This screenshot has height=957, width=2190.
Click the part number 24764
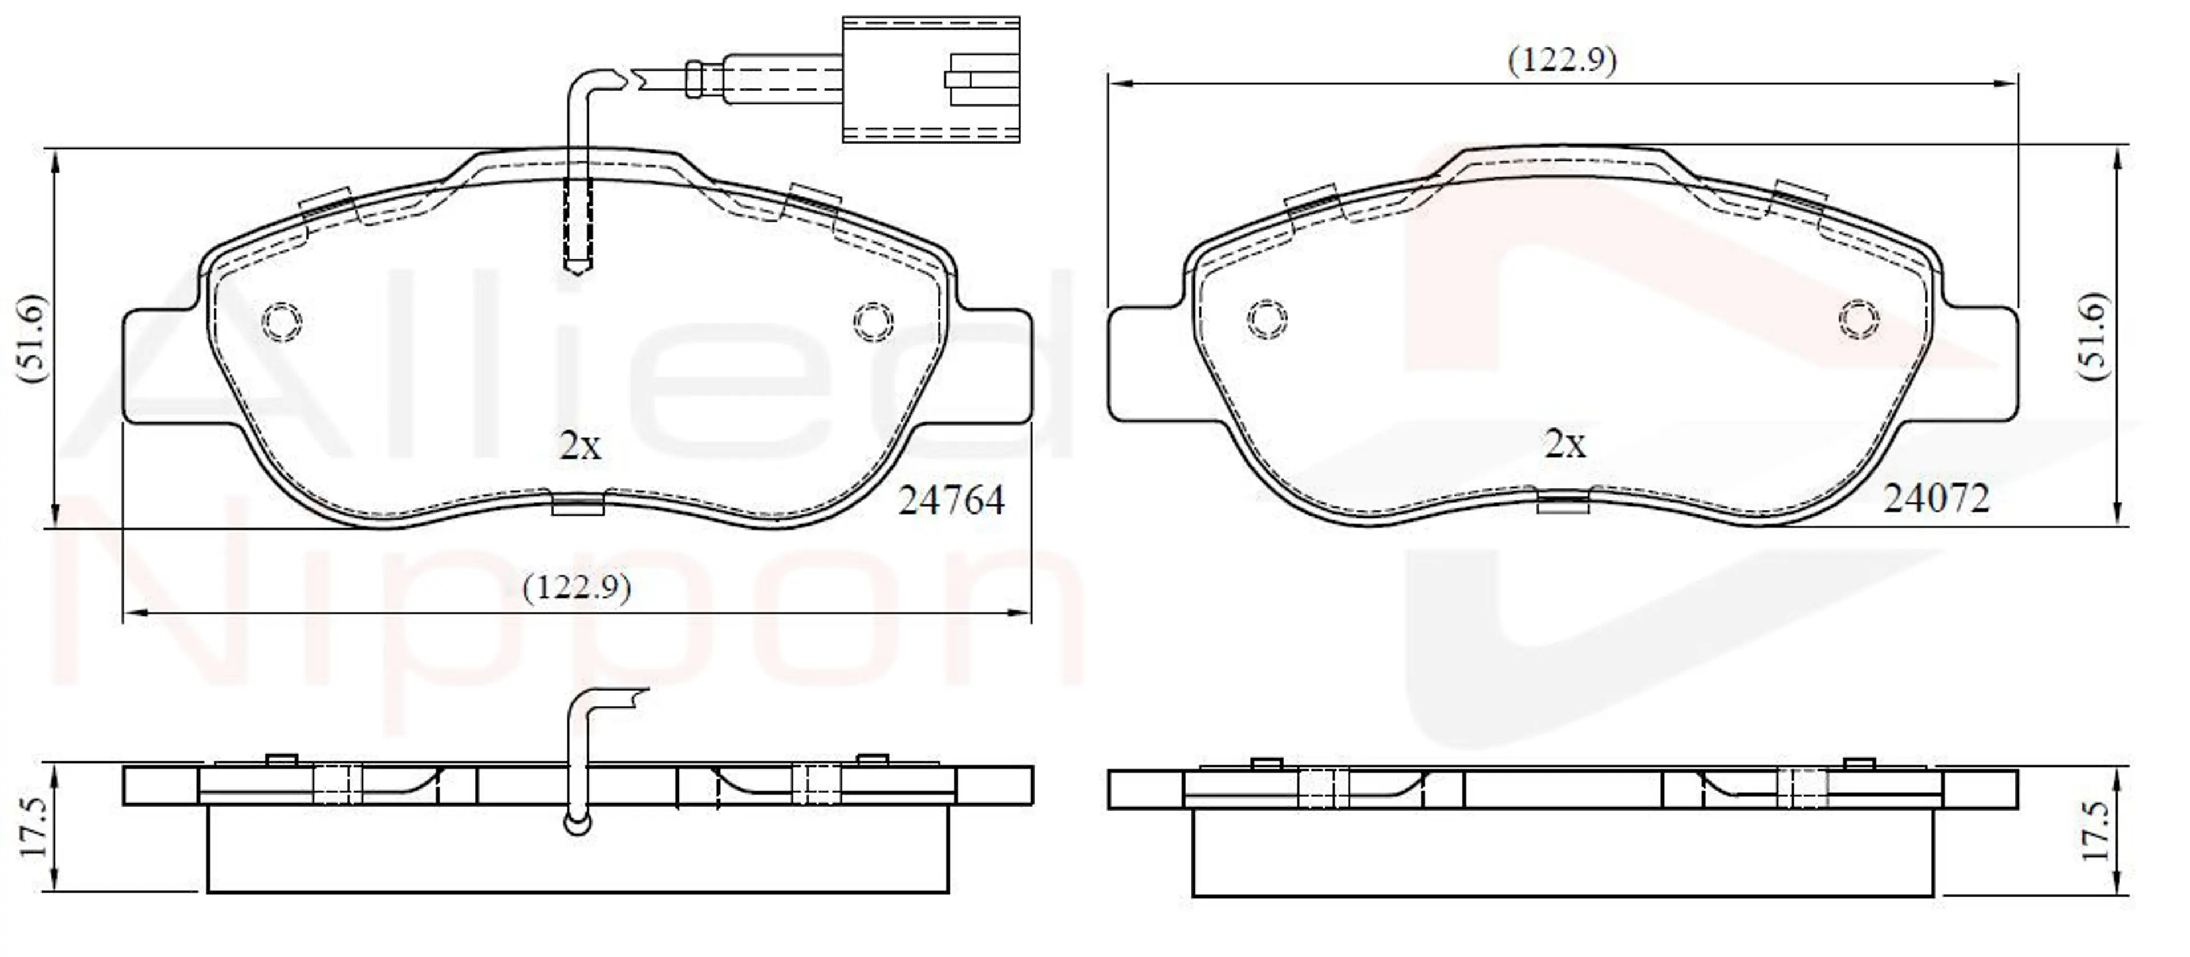click(x=951, y=500)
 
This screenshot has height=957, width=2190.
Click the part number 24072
click(x=1936, y=498)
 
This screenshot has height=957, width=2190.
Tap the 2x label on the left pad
click(x=580, y=445)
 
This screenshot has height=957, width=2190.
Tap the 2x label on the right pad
click(x=1564, y=443)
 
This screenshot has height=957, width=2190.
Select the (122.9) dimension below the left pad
click(x=577, y=587)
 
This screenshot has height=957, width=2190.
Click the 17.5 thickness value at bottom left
click(x=35, y=827)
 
